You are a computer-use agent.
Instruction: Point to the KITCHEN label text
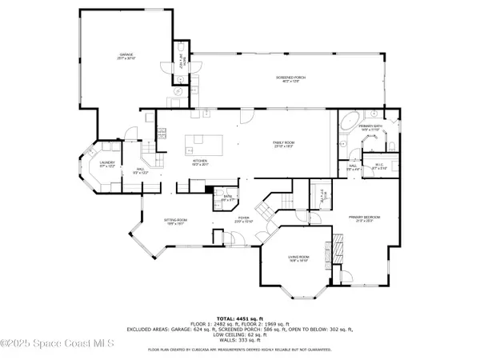point(199,162)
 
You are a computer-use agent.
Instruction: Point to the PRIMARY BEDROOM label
point(362,218)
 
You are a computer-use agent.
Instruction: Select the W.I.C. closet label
point(378,166)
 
